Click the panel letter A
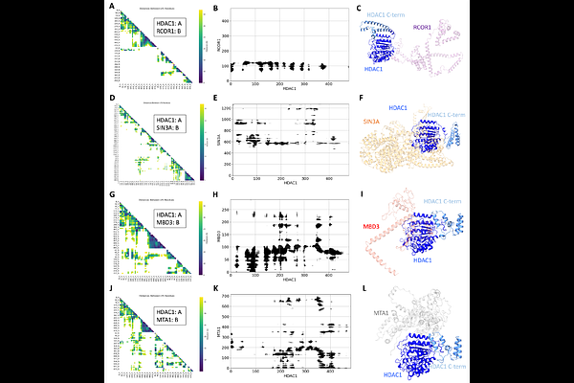pos(113,9)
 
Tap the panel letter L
pos(355,291)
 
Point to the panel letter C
pos(356,9)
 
